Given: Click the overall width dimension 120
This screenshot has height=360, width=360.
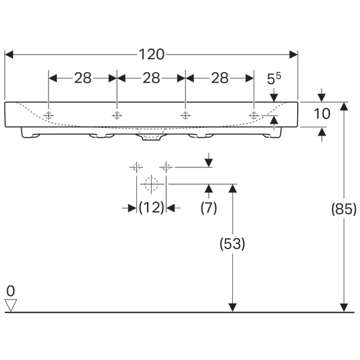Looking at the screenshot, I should pyautogui.click(x=151, y=55).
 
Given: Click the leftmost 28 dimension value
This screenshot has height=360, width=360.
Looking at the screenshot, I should pyautogui.click(x=83, y=78).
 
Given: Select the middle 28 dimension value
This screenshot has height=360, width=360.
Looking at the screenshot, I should pyautogui.click(x=151, y=78).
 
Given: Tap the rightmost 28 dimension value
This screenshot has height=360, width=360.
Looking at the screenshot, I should pyautogui.click(x=220, y=78).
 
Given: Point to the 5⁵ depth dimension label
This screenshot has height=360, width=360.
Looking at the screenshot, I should pyautogui.click(x=274, y=78).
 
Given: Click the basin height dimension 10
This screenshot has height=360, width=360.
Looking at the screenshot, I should pyautogui.click(x=322, y=113).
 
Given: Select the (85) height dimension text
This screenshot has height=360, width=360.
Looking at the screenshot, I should pyautogui.click(x=344, y=209).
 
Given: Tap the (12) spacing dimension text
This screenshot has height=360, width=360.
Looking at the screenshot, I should pyautogui.click(x=151, y=208).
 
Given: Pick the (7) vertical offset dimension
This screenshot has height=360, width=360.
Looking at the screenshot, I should pyautogui.click(x=208, y=208).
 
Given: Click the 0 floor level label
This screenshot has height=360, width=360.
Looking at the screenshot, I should pyautogui.click(x=10, y=291).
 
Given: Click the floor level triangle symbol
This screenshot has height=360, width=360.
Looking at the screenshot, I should pyautogui.click(x=10, y=306).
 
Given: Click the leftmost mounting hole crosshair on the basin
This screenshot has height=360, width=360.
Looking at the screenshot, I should pyautogui.click(x=49, y=114).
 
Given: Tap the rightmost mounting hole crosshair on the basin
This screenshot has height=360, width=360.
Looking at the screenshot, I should pyautogui.click(x=254, y=114).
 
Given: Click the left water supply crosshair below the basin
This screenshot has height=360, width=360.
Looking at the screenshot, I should pyautogui.click(x=136, y=167).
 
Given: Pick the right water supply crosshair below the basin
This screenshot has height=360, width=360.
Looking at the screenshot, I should pyautogui.click(x=166, y=167).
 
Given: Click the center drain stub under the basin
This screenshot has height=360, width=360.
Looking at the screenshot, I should pyautogui.click(x=151, y=139).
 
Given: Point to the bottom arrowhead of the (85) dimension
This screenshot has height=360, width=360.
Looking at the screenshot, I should pyautogui.click(x=344, y=308).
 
